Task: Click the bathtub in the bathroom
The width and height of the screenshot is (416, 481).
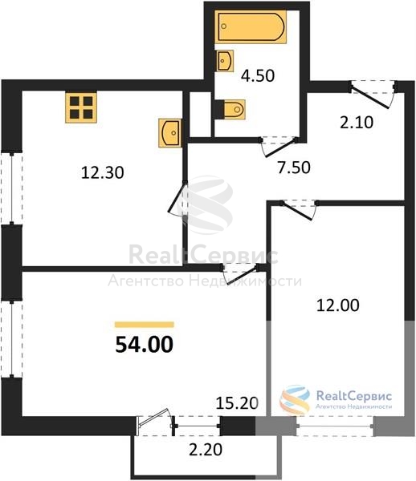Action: (x=251, y=26)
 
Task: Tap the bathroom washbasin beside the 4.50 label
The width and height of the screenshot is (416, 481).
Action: (x=225, y=61)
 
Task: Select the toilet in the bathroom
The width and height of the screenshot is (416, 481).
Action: (x=235, y=109)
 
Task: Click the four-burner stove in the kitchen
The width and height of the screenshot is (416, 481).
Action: (x=81, y=107)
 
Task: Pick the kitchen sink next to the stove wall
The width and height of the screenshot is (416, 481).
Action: (x=170, y=133)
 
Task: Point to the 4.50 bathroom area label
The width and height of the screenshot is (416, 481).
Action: (x=258, y=76)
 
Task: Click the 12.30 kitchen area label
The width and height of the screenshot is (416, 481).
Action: (x=103, y=172)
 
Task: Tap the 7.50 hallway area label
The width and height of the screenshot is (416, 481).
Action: (x=294, y=168)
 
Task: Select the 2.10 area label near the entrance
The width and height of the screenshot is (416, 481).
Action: (x=357, y=123)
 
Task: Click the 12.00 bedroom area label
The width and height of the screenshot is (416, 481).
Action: (x=337, y=305)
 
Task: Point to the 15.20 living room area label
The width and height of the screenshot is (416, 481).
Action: (x=237, y=403)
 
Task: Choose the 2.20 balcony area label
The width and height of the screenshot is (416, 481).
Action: (x=206, y=450)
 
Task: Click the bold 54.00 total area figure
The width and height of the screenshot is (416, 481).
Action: (x=144, y=345)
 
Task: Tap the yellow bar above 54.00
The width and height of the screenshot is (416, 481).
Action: (x=145, y=325)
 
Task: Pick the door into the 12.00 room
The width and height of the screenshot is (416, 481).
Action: (x=299, y=209)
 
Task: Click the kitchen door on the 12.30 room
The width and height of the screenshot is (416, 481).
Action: (x=177, y=199)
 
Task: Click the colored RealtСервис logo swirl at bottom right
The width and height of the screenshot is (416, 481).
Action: (x=295, y=400)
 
